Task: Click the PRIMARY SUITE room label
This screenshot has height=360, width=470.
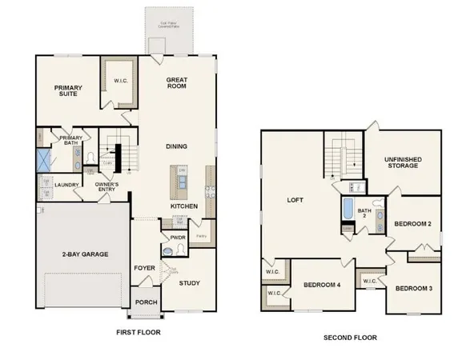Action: point(70,91)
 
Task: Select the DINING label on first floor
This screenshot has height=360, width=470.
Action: point(177,146)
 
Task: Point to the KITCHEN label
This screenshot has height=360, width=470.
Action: point(183,206)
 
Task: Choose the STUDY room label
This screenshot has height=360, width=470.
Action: point(191,283)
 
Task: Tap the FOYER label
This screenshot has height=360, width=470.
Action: point(144,269)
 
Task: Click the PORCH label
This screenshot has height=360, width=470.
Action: point(145,302)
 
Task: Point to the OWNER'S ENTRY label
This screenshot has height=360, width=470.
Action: point(107,188)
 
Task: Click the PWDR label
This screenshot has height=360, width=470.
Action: point(178,237)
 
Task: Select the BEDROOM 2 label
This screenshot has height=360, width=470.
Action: point(413,224)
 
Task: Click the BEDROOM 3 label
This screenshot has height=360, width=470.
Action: point(414,287)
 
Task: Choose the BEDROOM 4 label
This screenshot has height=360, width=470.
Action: point(323,284)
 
